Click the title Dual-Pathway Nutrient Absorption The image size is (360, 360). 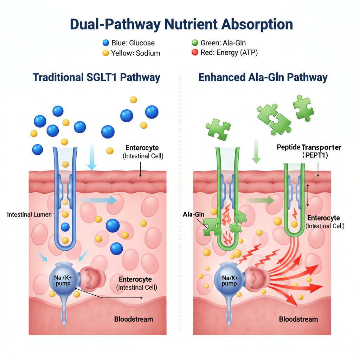point(181,25)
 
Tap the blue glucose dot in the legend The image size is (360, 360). point(105,43)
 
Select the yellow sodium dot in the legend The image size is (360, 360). point(105,53)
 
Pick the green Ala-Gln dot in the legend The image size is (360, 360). point(195,43)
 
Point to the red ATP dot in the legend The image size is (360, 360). point(195,53)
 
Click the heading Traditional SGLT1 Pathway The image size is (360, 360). point(96,77)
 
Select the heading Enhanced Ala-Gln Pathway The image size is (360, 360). point(263,77)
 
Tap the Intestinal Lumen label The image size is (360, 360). point(29,214)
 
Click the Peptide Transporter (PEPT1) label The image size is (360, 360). point(309,151)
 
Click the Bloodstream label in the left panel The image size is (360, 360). point(134,319)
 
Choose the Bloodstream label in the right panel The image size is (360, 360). point(298,319)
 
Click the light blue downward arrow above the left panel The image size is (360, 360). point(91,157)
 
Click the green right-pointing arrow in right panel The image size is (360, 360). point(261,201)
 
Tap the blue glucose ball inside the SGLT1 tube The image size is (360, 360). point(65,227)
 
